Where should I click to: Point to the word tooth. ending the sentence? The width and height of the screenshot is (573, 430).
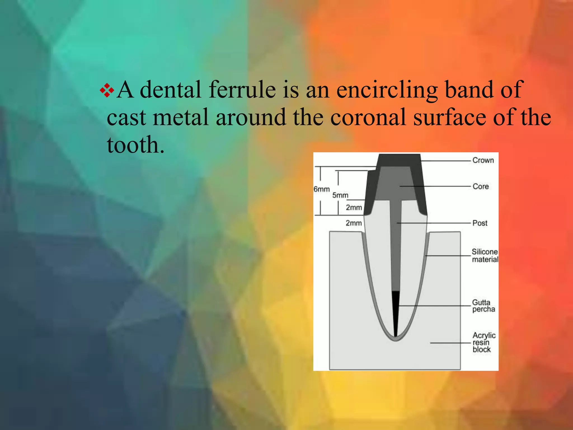click(x=135, y=145)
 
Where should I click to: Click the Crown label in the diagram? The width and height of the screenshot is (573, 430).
click(x=483, y=160)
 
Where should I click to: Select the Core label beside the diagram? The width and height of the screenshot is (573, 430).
click(x=481, y=186)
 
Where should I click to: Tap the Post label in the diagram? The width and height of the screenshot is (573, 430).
click(x=480, y=223)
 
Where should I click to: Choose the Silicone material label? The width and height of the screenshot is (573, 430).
click(x=485, y=256)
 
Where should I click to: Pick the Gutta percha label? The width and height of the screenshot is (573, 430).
click(x=483, y=306)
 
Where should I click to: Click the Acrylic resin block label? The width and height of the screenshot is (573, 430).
click(x=484, y=342)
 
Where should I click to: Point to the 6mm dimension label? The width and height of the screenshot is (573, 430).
click(x=321, y=190)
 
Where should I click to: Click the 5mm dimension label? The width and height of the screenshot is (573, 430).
click(x=340, y=195)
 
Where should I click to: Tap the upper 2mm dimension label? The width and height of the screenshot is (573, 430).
click(x=354, y=208)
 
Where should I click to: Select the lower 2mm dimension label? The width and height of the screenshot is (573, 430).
click(x=354, y=223)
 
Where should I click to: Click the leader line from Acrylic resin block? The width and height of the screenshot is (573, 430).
click(x=450, y=343)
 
